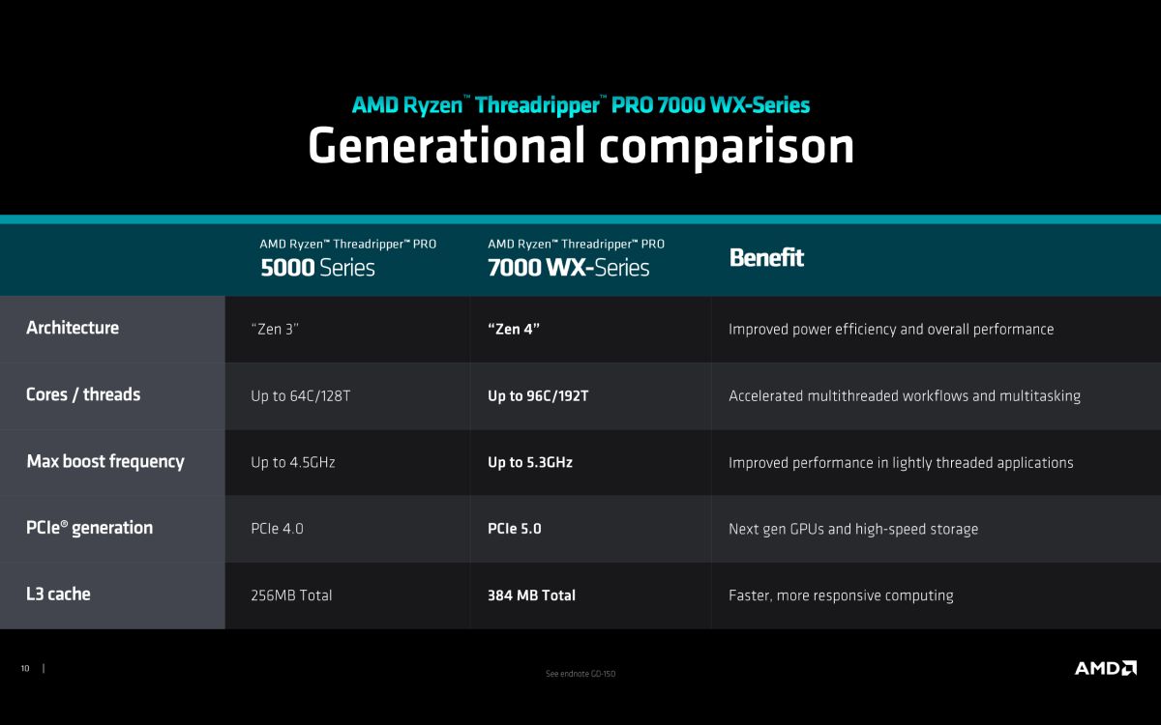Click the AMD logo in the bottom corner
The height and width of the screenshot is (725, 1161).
pyautogui.click(x=1106, y=668)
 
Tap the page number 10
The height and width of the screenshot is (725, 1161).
pyautogui.click(x=25, y=669)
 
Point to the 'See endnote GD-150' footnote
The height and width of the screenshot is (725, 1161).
pyautogui.click(x=580, y=674)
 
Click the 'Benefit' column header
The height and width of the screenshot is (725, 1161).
pyautogui.click(x=766, y=257)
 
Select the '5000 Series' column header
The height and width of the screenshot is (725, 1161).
pyautogui.click(x=317, y=268)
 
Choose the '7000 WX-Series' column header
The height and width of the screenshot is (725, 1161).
pyautogui.click(x=569, y=268)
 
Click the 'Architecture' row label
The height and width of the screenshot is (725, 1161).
pyautogui.click(x=73, y=328)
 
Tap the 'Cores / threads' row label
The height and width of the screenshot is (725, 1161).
pyautogui.click(x=83, y=394)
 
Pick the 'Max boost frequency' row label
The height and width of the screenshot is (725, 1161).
pyautogui.click(x=105, y=461)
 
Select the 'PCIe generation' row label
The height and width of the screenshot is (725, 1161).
pyautogui.click(x=89, y=528)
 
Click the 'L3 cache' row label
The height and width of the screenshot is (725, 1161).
pyautogui.click(x=58, y=594)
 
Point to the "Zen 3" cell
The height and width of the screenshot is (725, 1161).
pyautogui.click(x=275, y=329)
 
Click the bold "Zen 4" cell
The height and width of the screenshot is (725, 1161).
pyautogui.click(x=514, y=329)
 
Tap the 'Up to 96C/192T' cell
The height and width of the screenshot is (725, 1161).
pyautogui.click(x=538, y=396)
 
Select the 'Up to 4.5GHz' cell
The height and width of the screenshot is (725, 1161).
pyautogui.click(x=293, y=462)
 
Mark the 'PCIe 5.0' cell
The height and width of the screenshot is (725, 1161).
pyautogui.click(x=514, y=529)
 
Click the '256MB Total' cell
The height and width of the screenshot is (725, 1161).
pyautogui.click(x=291, y=595)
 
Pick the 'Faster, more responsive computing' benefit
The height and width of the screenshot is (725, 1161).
pyautogui.click(x=841, y=596)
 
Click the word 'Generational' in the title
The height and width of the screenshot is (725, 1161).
pyautogui.click(x=447, y=146)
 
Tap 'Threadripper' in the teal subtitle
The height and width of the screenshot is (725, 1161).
pyautogui.click(x=538, y=105)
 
